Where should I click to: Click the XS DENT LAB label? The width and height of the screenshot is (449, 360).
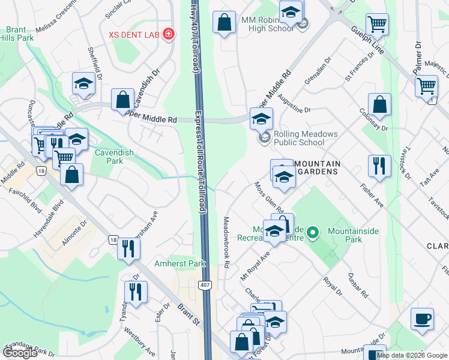coord(133,34)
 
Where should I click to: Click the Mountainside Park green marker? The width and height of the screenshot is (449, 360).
coord(312,231)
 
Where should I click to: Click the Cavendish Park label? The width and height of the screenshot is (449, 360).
coord(109,157)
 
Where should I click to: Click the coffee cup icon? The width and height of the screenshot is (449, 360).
coord(422,318)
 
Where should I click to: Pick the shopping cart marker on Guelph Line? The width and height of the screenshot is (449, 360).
coord(377,24)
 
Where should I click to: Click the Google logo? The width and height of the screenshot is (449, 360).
coord(20,353)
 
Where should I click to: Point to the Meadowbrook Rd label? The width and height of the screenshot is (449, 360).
coord(228,242)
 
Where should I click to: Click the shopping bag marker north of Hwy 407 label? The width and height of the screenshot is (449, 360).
coord(224,23)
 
